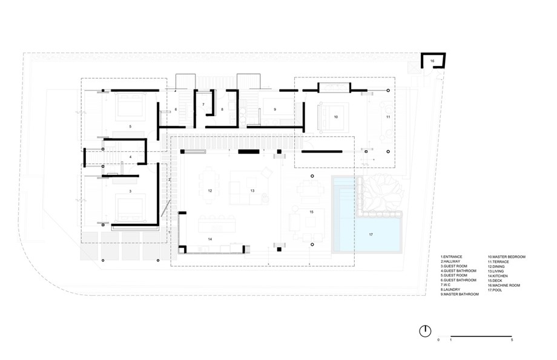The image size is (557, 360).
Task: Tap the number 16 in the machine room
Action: pyautogui.click(x=433, y=61)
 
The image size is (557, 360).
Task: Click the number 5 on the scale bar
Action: pyautogui.click(x=512, y=341)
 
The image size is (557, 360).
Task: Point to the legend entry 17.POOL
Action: pyautogui.click(x=498, y=290)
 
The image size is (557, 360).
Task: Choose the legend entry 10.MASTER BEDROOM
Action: pyautogui.click(x=506, y=257)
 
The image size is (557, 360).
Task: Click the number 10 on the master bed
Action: pyautogui.click(x=335, y=117)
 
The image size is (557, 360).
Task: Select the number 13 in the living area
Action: pyautogui.click(x=251, y=190)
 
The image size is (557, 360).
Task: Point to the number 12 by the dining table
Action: pyautogui.click(x=209, y=191)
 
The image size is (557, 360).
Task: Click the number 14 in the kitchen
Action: pyautogui.click(x=209, y=240)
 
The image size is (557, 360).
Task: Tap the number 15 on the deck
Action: pyautogui.click(x=311, y=212)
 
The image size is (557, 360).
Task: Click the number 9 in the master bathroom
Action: pyautogui.click(x=274, y=110)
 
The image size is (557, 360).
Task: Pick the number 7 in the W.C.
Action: pyautogui.click(x=203, y=105)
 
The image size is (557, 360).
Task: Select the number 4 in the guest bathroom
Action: pyautogui.click(x=130, y=157)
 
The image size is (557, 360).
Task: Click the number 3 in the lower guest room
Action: pyautogui.click(x=130, y=191)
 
